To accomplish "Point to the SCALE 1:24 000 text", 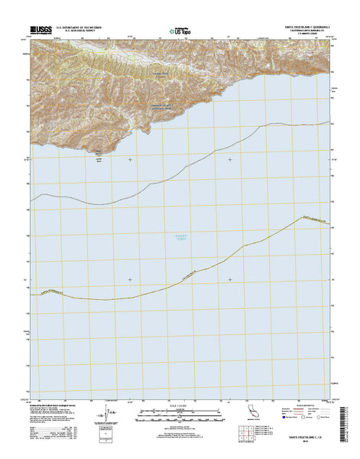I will pyautogui.click(x=180, y=405).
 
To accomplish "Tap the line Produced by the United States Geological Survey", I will pyautogui.click(x=57, y=405).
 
